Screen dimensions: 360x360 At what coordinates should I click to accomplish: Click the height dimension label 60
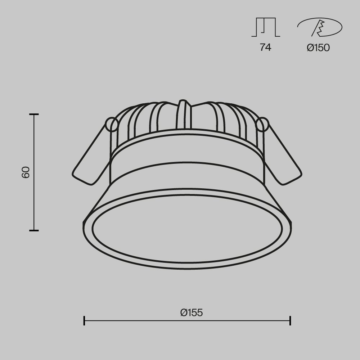(x=26, y=172)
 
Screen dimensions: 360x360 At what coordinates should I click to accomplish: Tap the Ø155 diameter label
(x=192, y=313)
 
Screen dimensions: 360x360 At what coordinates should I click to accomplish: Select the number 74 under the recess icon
(x=265, y=48)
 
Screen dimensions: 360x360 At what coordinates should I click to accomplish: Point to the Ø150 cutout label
(x=318, y=48)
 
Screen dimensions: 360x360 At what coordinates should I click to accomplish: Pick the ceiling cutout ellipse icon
(x=320, y=27)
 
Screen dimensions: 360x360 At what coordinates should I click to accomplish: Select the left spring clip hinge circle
(x=112, y=125)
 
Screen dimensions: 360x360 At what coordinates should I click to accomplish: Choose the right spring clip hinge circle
(x=262, y=125)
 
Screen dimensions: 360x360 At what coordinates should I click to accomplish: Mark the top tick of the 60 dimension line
(x=34, y=114)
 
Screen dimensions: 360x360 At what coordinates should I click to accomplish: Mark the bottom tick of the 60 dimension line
(x=34, y=230)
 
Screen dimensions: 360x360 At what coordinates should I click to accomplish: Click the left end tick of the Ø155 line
(x=84, y=320)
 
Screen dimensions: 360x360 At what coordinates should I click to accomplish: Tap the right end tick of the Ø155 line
(x=290, y=320)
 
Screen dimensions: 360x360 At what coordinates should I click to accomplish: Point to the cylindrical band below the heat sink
(x=187, y=158)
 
